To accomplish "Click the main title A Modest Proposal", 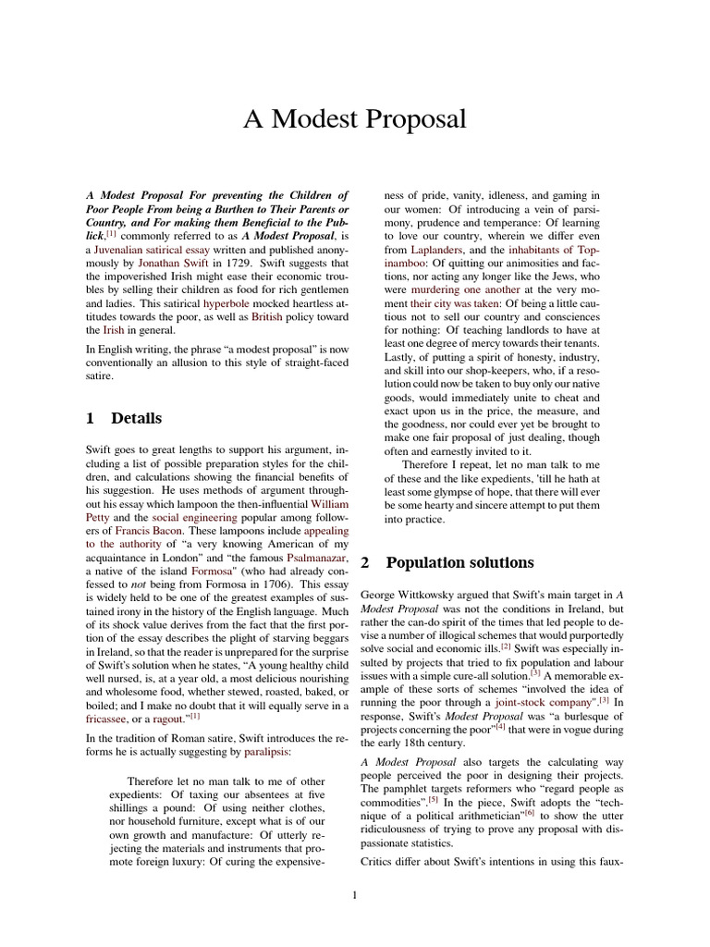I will tap(355, 119).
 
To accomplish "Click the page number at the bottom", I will tap(355, 894).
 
